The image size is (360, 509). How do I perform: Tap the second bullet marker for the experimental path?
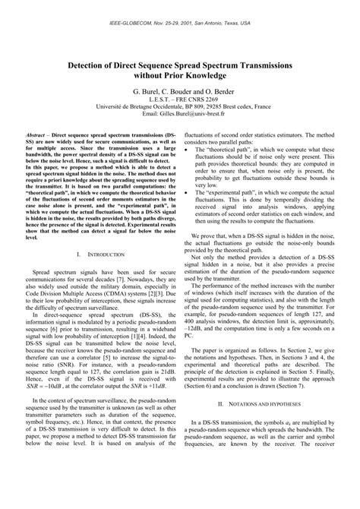(x=188, y=194)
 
